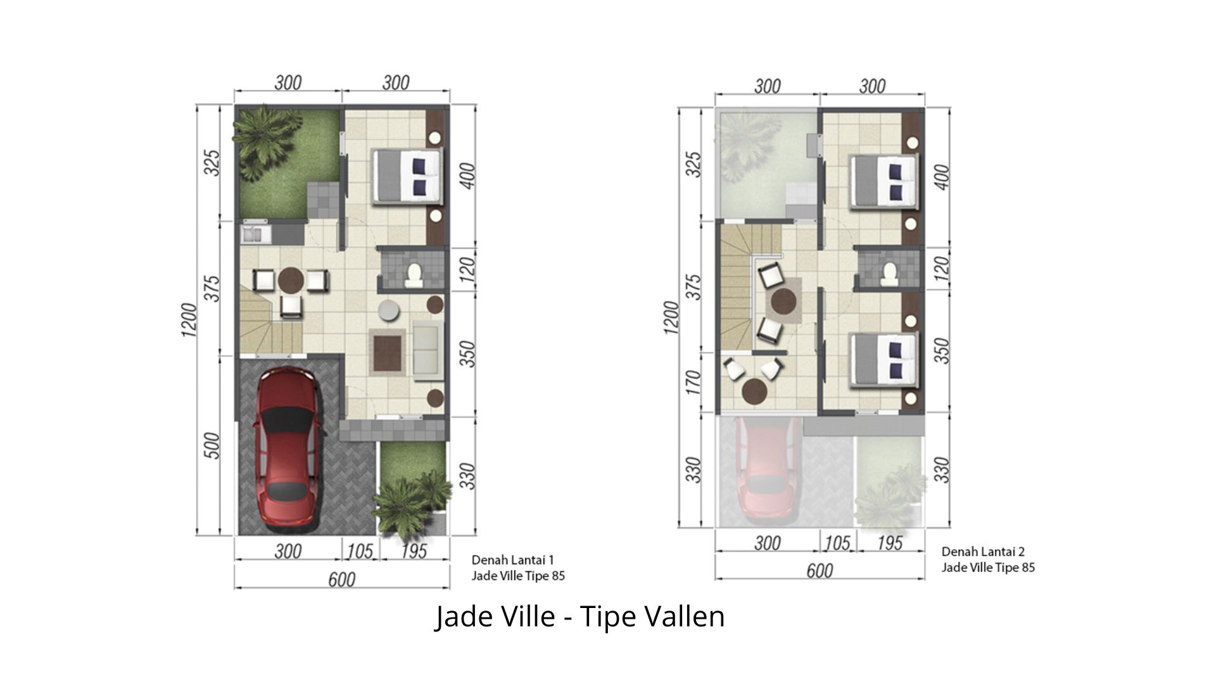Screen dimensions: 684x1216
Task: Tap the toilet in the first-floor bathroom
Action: tap(414, 274)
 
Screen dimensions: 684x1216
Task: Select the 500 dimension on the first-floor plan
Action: tap(213, 446)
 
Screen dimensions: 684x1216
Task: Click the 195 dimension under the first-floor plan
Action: tap(414, 551)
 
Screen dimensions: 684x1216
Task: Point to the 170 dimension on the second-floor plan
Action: tap(694, 383)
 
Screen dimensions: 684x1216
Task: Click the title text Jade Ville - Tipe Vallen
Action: tap(579, 616)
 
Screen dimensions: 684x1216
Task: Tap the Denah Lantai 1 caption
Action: tap(513, 560)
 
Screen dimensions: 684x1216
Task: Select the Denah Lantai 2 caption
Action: tap(983, 552)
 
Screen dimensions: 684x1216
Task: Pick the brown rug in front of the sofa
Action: tap(387, 352)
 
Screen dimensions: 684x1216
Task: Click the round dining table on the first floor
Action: tap(291, 280)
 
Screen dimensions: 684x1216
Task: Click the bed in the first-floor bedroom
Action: tap(405, 177)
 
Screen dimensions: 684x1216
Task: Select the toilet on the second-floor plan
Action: tap(889, 272)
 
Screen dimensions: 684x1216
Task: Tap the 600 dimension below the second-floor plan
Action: tap(819, 571)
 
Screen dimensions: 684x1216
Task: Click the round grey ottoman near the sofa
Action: tap(388, 310)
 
